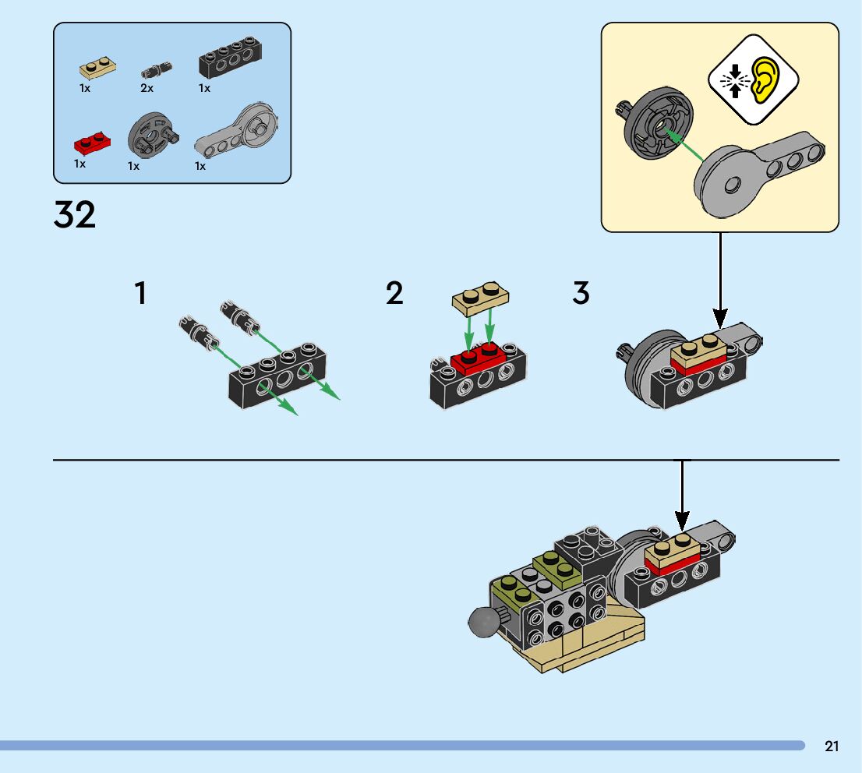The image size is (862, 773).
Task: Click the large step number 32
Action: (75, 214)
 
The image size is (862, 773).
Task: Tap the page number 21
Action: (832, 746)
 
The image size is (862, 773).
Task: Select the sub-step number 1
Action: (141, 292)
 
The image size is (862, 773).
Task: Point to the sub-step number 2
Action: (394, 292)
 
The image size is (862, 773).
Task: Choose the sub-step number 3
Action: (581, 292)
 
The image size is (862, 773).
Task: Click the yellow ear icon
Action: (765, 80)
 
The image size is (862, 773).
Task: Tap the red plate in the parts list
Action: (92, 143)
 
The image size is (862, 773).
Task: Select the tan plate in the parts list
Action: (98, 68)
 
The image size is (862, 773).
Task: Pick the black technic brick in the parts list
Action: (230, 57)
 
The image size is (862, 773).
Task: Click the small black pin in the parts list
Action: (156, 70)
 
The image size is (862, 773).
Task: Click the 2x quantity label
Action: (147, 88)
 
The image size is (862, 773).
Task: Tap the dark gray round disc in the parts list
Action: (153, 136)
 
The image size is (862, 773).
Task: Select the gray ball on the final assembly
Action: (484, 622)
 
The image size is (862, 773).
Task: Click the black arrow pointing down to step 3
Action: (720, 281)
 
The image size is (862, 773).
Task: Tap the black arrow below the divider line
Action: (682, 496)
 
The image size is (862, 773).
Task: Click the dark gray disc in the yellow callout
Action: (656, 123)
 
